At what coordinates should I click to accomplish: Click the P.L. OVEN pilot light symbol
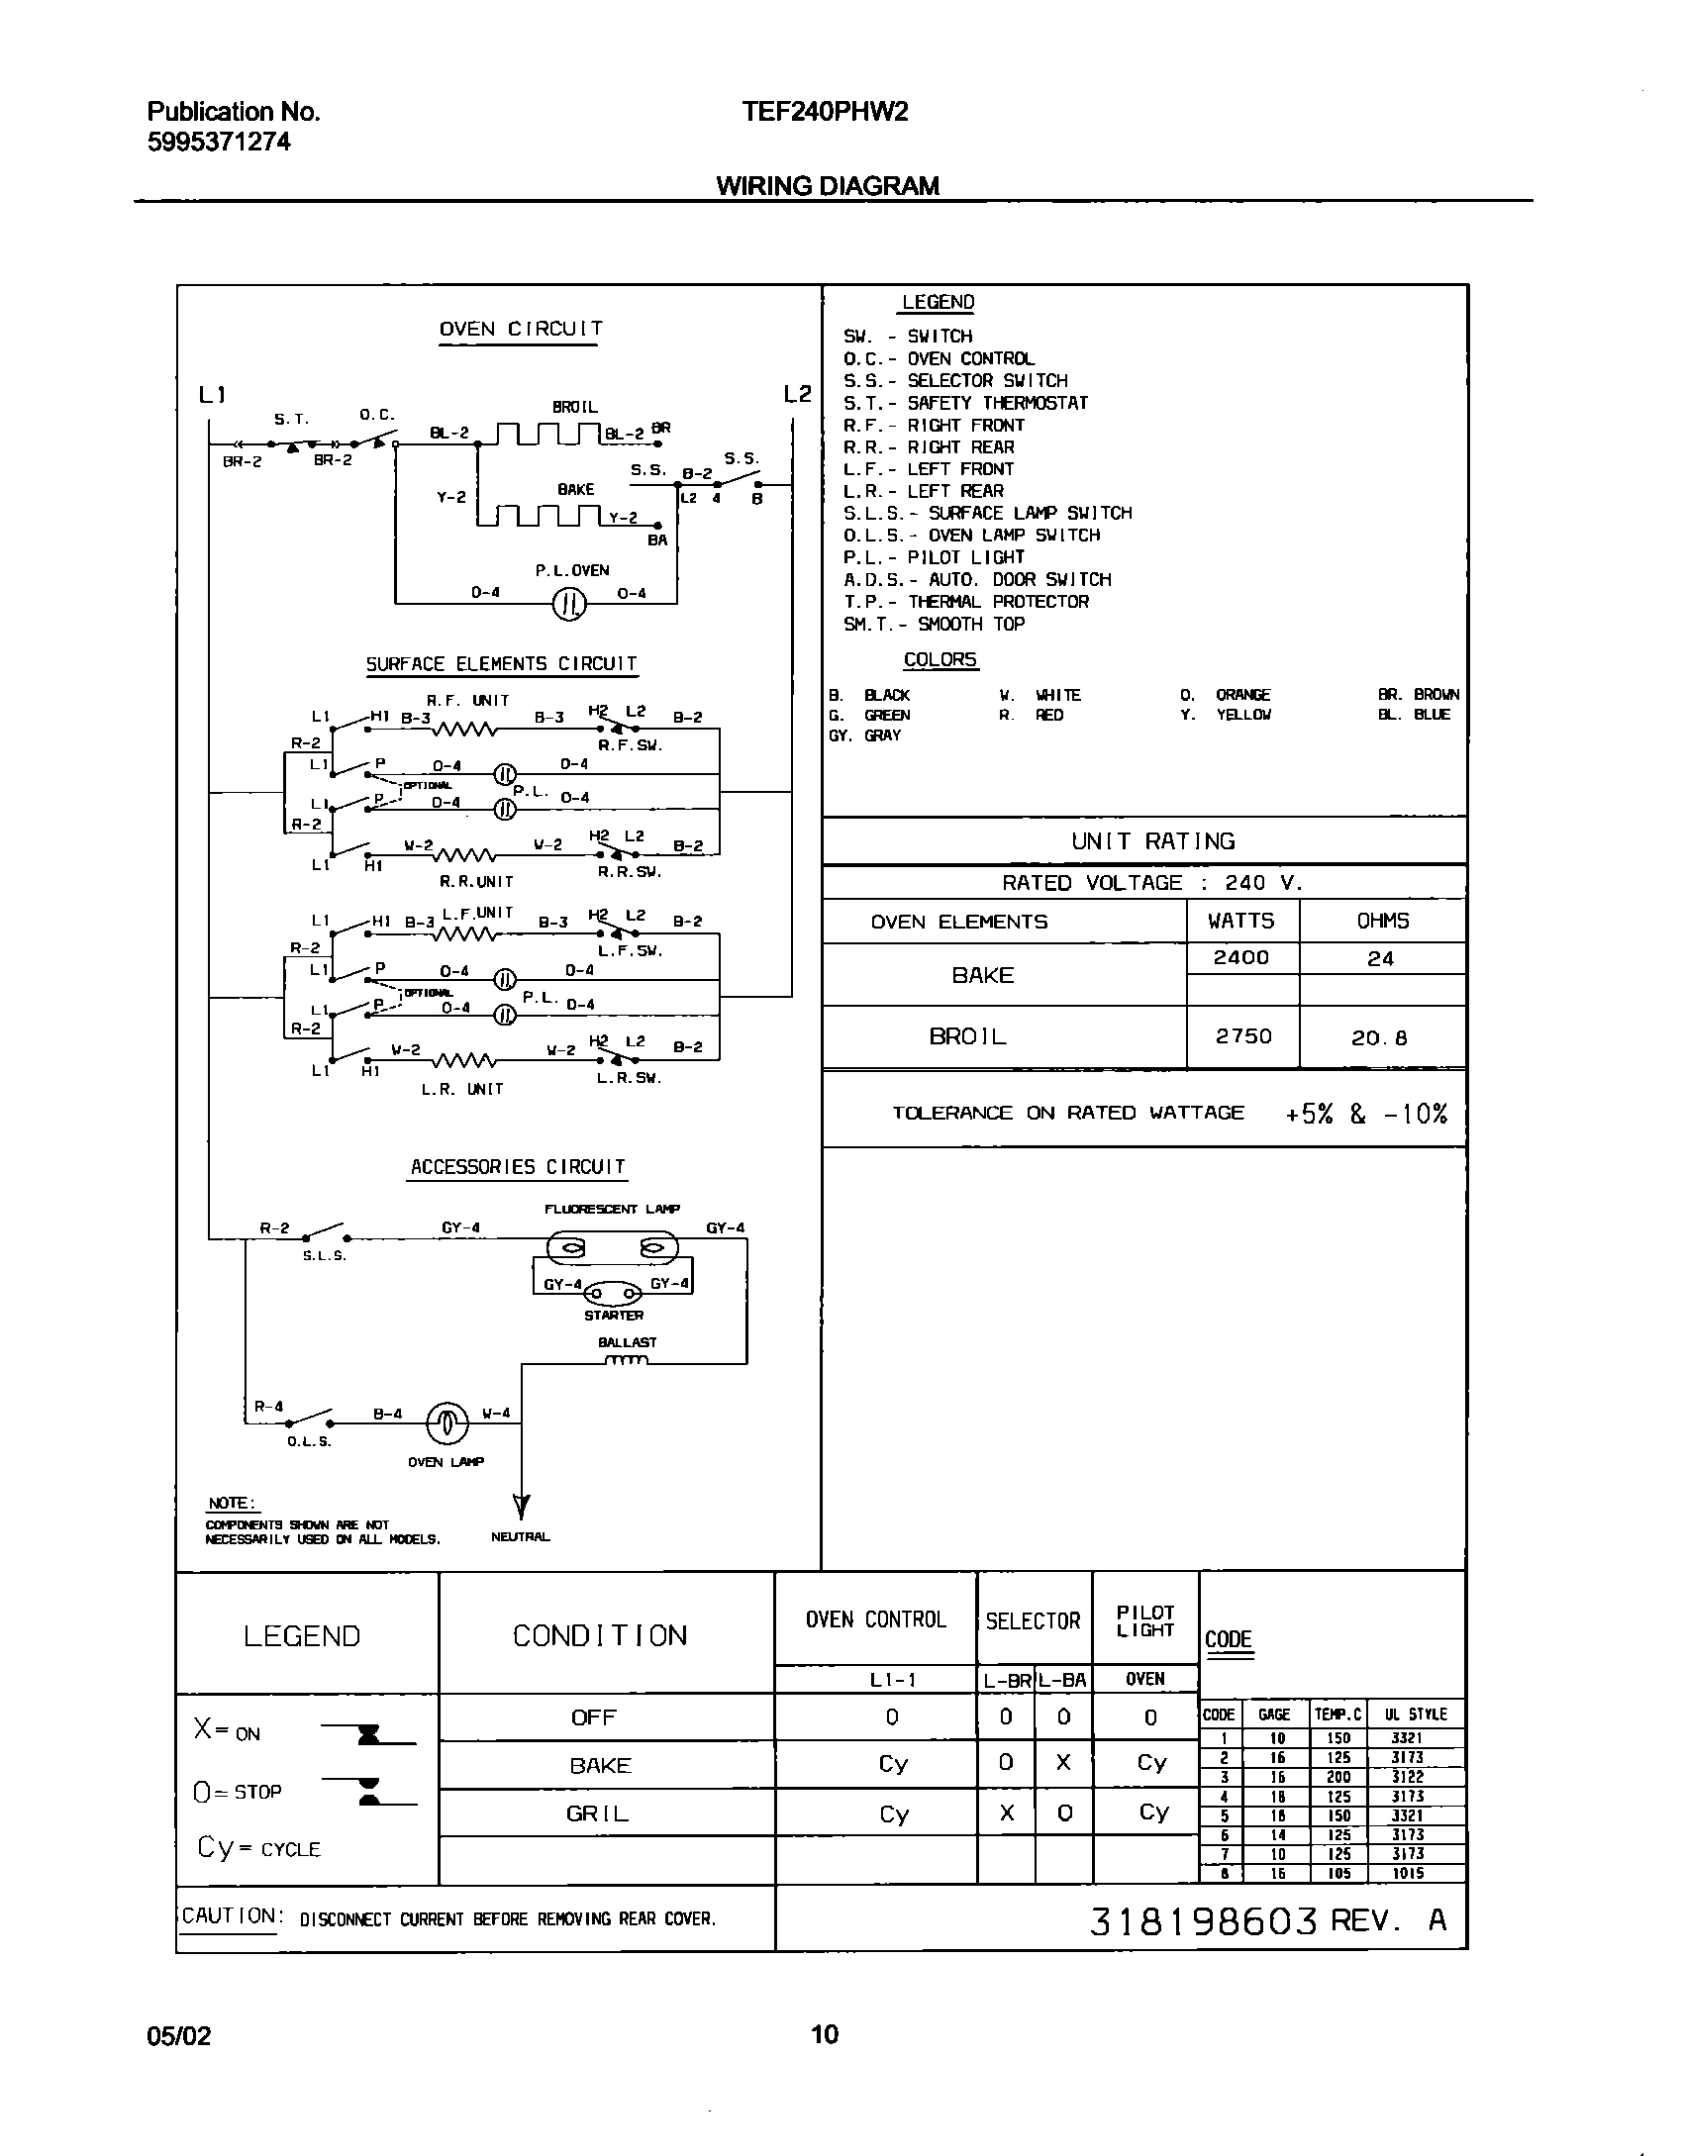tap(569, 604)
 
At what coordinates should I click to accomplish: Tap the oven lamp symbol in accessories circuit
tap(445, 1423)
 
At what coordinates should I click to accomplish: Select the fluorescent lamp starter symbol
tap(614, 1294)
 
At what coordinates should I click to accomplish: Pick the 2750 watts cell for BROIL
tap(1242, 1036)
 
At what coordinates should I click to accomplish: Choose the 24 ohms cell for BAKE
tap(1381, 958)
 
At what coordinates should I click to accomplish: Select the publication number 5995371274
tap(219, 142)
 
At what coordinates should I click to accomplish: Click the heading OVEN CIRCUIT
tap(521, 330)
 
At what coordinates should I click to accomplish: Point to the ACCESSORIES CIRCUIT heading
tap(518, 1167)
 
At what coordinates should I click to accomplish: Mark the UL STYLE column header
tap(1416, 1715)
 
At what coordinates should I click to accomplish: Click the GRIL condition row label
tap(599, 1813)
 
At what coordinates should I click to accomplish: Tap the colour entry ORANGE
tap(1241, 695)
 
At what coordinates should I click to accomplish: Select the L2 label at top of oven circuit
tap(797, 394)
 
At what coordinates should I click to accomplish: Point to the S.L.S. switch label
tap(325, 1256)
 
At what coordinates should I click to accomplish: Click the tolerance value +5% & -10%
tap(1366, 1114)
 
